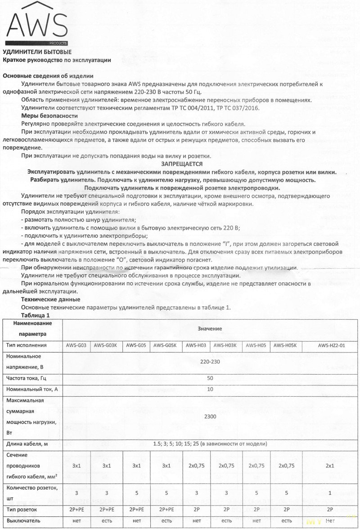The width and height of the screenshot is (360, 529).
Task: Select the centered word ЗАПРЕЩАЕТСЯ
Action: tap(181, 164)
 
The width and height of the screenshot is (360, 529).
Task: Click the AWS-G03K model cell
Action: tap(106, 346)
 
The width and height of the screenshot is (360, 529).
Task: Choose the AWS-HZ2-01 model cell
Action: tap(331, 346)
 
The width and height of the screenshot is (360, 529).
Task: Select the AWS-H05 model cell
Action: tap(256, 346)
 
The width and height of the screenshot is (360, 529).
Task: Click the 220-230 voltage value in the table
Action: tap(210, 361)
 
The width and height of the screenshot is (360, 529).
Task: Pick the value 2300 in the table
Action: tap(210, 417)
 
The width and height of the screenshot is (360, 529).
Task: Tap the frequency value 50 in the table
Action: tap(210, 378)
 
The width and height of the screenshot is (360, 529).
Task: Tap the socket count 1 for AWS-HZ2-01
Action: tap(331, 492)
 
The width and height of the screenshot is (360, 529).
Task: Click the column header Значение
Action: tap(210, 329)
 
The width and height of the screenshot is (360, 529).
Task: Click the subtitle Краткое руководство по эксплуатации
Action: tap(57, 60)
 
